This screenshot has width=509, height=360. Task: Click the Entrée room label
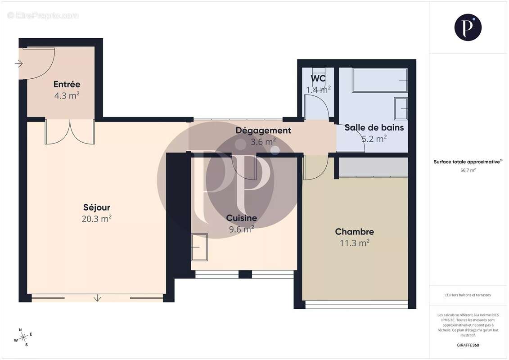click(x=67, y=84)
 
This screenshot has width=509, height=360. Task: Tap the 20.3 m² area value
click(x=97, y=219)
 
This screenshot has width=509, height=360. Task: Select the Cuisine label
click(x=242, y=218)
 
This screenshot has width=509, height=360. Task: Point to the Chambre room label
click(x=354, y=232)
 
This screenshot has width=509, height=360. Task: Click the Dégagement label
click(x=263, y=130)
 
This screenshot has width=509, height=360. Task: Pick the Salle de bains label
click(x=374, y=127)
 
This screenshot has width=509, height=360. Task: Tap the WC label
click(x=318, y=78)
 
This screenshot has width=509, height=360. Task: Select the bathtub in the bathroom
click(x=379, y=80)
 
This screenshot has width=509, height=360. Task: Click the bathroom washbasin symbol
click(x=401, y=108)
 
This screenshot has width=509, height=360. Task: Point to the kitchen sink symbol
click(x=199, y=247)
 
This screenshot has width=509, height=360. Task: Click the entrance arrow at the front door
click(x=18, y=64)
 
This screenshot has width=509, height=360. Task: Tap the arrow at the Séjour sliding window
click(x=98, y=297)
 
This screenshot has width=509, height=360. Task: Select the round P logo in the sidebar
click(x=468, y=27)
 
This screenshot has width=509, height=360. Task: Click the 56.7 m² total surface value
click(x=468, y=170)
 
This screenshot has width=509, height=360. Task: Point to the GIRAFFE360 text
click(x=468, y=345)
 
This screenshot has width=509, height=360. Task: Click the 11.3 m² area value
click(x=354, y=243)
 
